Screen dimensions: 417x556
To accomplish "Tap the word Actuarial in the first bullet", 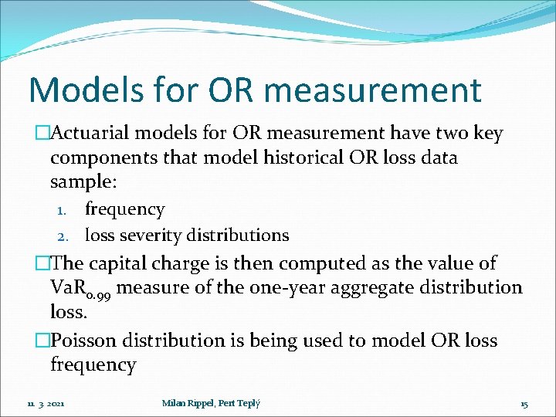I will click(91, 134).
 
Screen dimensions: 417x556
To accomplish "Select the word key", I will click(488, 134).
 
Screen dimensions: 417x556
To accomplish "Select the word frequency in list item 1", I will click(124, 209).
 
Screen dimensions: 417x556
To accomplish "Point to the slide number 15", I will click(524, 403).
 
